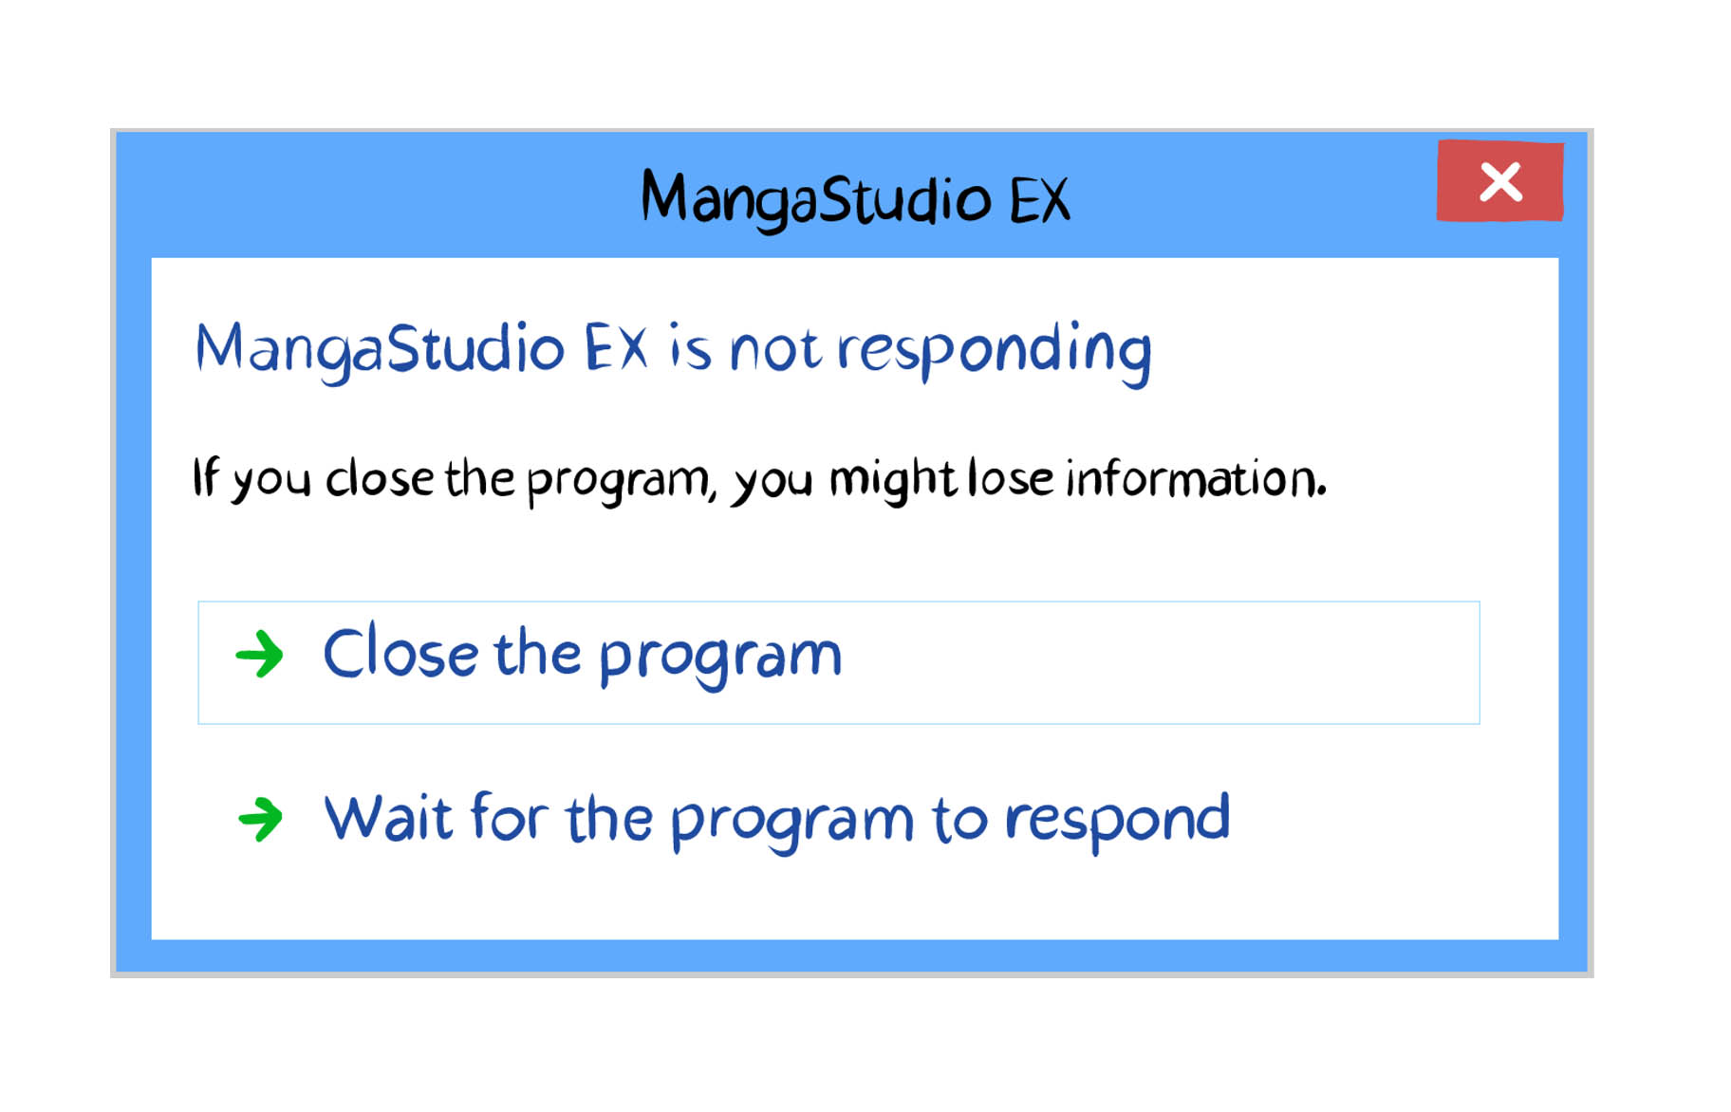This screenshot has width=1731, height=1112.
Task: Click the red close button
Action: coord(1499,180)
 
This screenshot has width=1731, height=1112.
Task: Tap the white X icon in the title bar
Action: coord(1500,181)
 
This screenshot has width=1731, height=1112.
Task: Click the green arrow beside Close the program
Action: coord(259,655)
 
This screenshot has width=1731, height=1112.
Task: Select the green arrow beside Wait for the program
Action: coord(260,820)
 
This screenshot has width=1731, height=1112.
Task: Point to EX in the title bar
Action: coord(1039,200)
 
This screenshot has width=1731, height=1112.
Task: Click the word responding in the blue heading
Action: coord(994,350)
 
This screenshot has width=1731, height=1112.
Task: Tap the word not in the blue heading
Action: coord(774,350)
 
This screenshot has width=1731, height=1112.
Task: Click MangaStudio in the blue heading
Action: coord(381,349)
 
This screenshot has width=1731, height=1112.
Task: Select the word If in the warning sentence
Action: coord(206,476)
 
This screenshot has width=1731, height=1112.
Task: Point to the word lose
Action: coord(1011,477)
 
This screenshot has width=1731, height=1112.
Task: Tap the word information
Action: coord(1196,477)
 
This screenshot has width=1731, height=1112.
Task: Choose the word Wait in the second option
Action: coord(388,817)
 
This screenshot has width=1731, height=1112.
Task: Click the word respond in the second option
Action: coord(1117,819)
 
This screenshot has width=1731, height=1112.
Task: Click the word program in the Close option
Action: coord(720,658)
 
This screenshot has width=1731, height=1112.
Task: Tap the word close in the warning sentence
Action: coord(380,478)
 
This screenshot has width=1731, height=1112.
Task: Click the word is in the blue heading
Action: coord(689,347)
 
